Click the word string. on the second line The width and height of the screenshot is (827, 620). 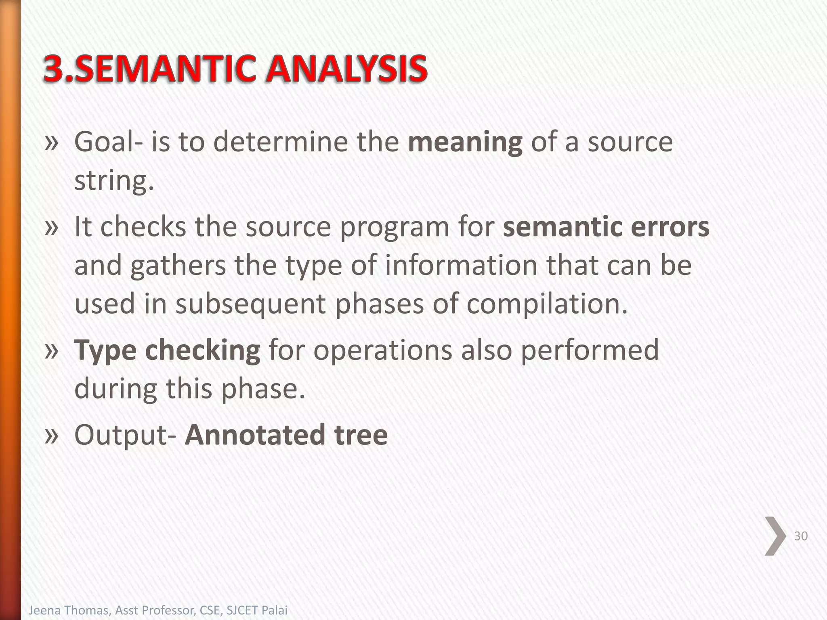[x=114, y=181]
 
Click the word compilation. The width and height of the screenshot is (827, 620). [x=547, y=304]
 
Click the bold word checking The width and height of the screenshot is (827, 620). [x=203, y=350]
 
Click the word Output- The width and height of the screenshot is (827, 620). [x=125, y=435]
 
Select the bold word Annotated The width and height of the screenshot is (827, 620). [x=255, y=435]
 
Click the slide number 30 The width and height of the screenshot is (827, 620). [x=801, y=536]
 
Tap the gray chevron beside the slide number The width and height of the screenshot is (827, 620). [x=775, y=536]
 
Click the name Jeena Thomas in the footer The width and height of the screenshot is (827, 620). [x=69, y=610]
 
